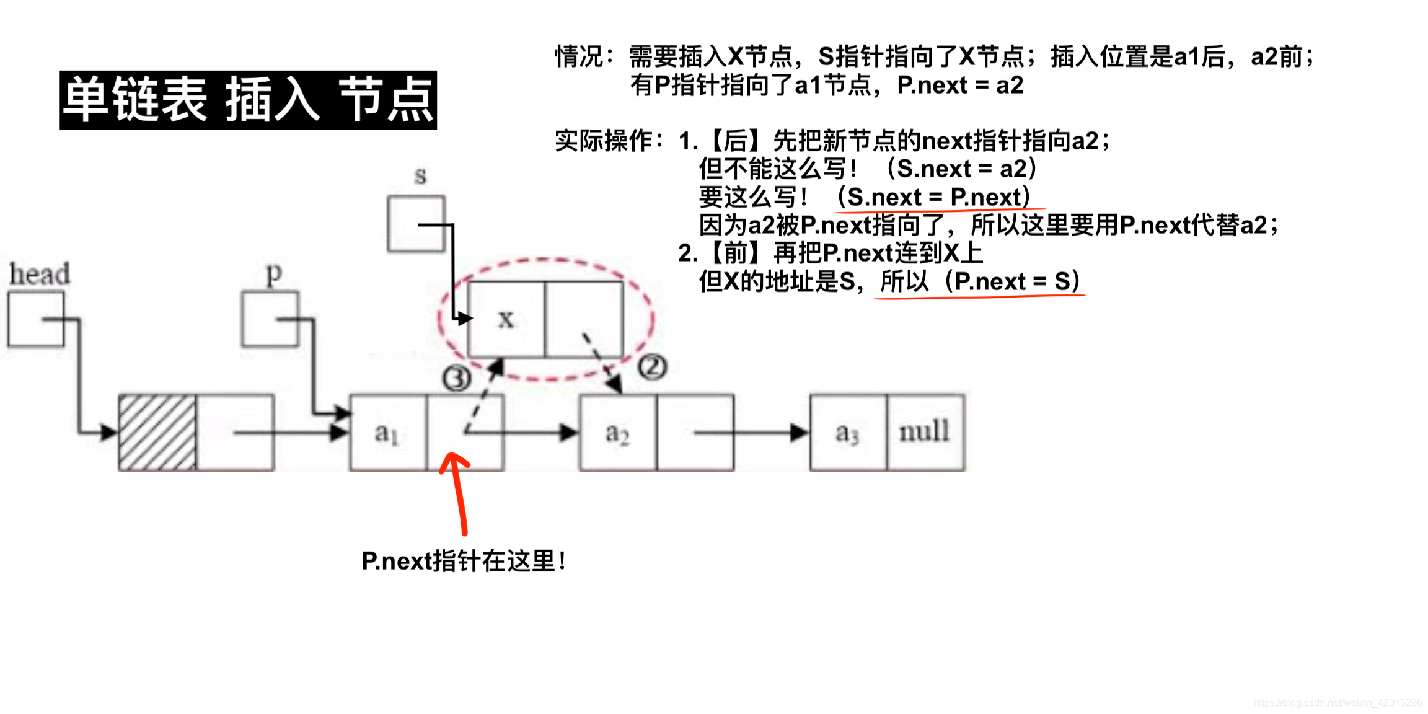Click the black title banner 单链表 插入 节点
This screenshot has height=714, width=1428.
(248, 100)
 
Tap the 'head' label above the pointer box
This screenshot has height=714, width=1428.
(40, 275)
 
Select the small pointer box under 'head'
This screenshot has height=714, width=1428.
(35, 319)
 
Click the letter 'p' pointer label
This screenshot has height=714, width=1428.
(273, 273)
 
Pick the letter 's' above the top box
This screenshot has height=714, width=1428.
(420, 176)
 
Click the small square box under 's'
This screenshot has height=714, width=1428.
(415, 224)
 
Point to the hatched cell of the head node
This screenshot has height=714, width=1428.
(157, 432)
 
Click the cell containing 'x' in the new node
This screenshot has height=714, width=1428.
(506, 319)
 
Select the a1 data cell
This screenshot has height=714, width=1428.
(388, 432)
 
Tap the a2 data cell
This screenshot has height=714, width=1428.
(618, 432)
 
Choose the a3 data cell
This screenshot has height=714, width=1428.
(848, 432)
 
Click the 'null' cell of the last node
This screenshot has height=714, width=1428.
(925, 432)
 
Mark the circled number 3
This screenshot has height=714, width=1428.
(457, 378)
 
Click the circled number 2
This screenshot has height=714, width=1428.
(652, 367)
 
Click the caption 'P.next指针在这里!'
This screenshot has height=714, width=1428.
(464, 562)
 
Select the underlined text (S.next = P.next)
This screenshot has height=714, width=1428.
(933, 197)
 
